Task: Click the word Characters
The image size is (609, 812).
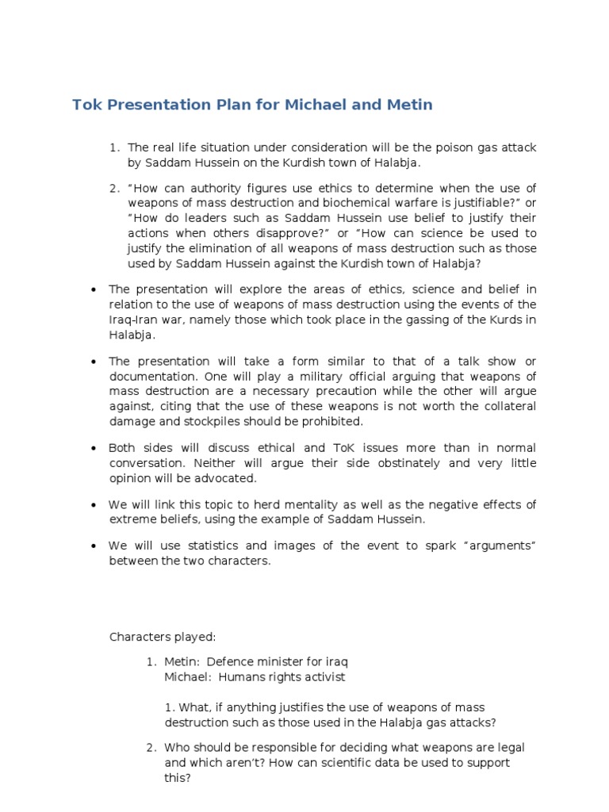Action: pyautogui.click(x=137, y=637)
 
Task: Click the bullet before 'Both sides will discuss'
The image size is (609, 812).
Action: pyautogui.click(x=93, y=448)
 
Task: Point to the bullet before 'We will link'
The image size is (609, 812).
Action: pyautogui.click(x=93, y=505)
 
